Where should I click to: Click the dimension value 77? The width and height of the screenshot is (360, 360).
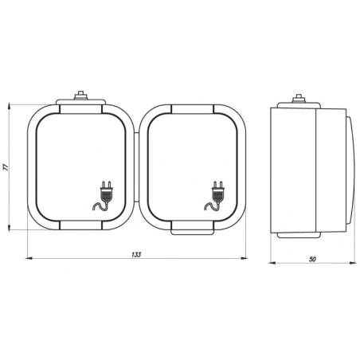(x=6, y=167)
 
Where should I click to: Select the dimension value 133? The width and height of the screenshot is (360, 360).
(x=136, y=254)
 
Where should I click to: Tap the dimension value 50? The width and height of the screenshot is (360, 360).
(x=312, y=259)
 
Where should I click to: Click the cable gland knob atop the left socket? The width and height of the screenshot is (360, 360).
(x=80, y=96)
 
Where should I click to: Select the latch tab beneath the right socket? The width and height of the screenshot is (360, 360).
(x=192, y=232)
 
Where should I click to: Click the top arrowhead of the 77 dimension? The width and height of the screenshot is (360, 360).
(x=10, y=107)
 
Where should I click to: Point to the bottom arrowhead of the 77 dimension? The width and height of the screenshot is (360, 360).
(x=10, y=228)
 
